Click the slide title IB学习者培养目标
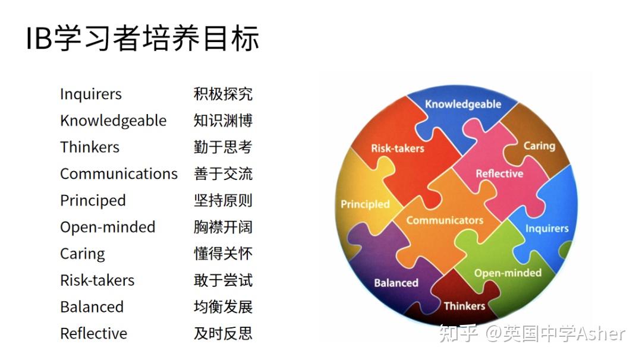click(143, 39)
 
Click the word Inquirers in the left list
click(90, 94)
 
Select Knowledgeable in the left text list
click(113, 121)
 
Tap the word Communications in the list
click(118, 174)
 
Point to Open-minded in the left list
click(108, 227)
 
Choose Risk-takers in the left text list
click(97, 280)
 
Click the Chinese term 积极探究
click(223, 94)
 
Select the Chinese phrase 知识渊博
click(223, 121)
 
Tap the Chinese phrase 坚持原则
click(223, 200)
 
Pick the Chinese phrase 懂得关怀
click(223, 254)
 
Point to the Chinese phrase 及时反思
click(223, 333)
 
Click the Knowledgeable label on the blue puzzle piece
click(463, 104)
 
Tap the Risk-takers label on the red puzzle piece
click(398, 149)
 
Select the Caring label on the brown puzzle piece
click(539, 146)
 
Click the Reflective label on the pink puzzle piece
click(499, 174)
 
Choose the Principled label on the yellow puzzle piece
click(365, 204)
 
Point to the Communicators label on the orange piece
click(445, 220)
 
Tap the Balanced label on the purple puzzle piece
click(396, 283)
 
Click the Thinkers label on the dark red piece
click(464, 306)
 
